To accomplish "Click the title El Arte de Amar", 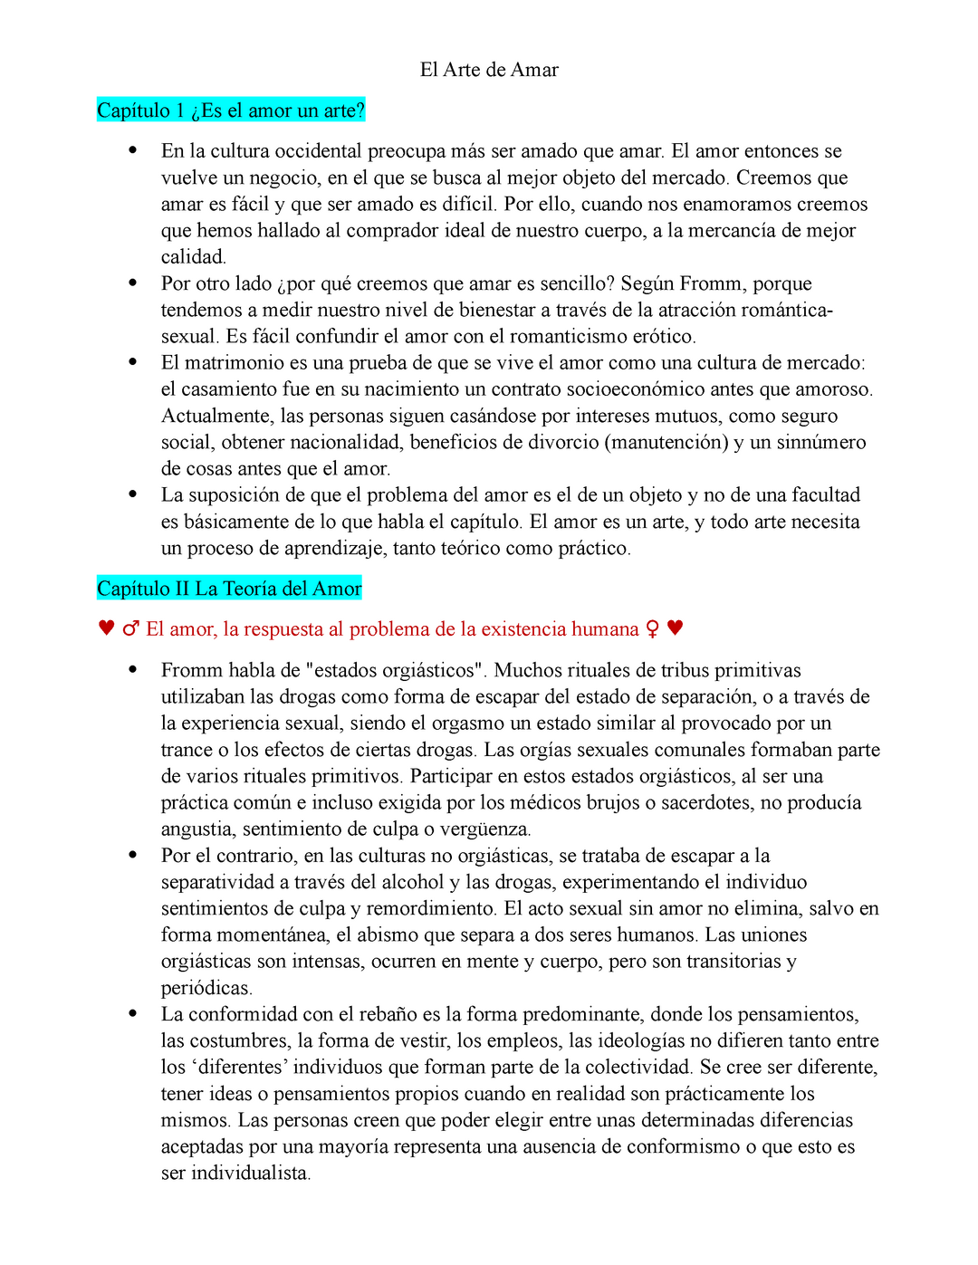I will [489, 70].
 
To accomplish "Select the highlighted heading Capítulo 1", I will [230, 110].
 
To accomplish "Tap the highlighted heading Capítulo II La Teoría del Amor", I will [229, 589].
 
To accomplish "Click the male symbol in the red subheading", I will [131, 629].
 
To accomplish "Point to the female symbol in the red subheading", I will [652, 629].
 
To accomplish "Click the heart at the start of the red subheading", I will [106, 628].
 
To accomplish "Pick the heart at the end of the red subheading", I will [675, 628].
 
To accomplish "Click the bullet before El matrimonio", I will [133, 362].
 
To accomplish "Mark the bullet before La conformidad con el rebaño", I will [133, 1014].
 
